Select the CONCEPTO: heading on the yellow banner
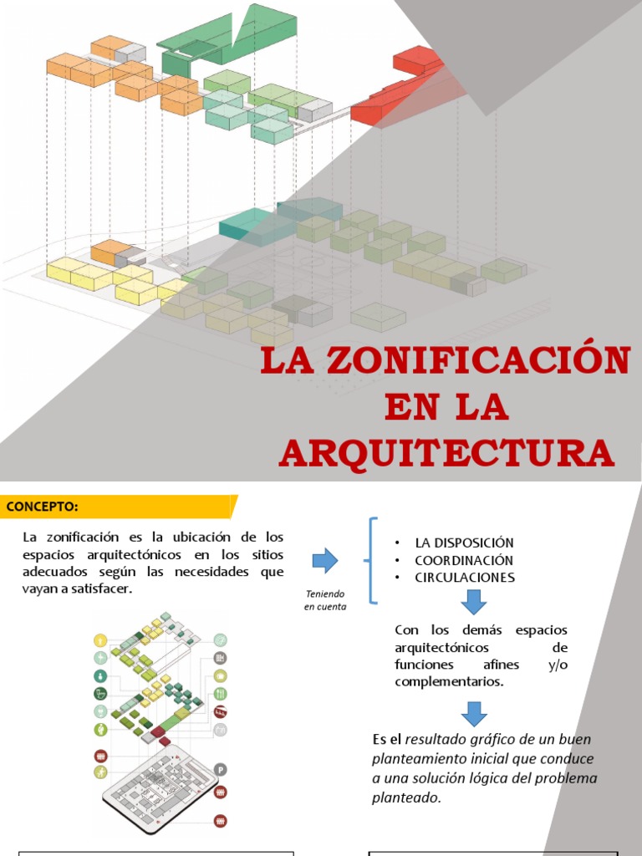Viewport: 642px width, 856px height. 43,507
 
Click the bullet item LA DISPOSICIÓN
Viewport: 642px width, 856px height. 464,543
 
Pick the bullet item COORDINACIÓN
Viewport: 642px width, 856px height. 464,560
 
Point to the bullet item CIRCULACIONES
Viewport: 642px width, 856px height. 465,578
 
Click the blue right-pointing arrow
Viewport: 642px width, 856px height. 324,560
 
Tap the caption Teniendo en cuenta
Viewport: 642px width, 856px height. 324,599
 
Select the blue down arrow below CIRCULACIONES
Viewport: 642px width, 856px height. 473,601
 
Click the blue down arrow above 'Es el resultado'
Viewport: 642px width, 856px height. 473,713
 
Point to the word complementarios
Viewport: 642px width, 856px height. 448,681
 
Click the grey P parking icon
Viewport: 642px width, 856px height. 221,770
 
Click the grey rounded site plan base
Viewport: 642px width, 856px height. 159,786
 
